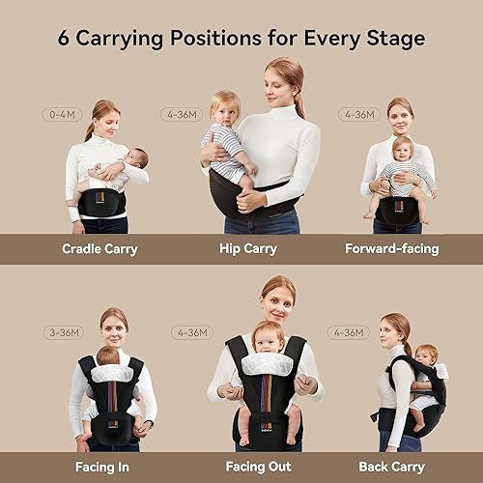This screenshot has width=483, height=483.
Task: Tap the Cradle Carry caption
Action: coord(99,248)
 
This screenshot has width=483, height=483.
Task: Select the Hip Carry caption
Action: coord(247,248)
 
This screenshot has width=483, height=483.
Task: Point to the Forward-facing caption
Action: coord(392,248)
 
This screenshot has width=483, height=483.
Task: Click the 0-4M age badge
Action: coord(62,114)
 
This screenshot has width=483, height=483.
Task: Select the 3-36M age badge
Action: coord(63,332)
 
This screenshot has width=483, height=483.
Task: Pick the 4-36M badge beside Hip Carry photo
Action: coord(181,114)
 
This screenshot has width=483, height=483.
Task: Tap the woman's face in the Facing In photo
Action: coord(115,331)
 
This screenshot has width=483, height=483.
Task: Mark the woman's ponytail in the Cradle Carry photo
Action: coord(90,128)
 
